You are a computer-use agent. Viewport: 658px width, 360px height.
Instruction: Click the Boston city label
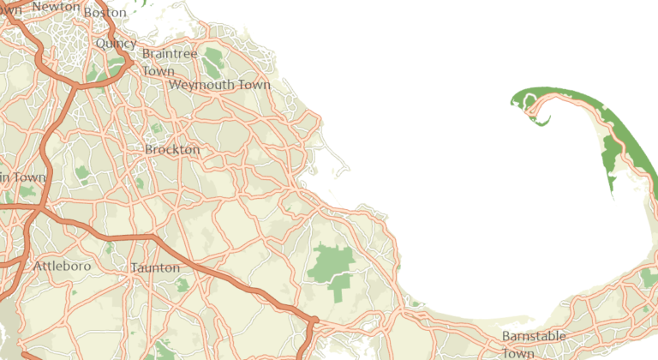pyautogui.click(x=105, y=13)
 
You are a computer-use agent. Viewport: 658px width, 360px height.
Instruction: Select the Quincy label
pyautogui.click(x=116, y=43)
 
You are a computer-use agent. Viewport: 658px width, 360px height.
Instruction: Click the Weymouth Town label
pyautogui.click(x=219, y=85)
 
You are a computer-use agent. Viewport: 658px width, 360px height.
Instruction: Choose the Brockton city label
pyautogui.click(x=172, y=149)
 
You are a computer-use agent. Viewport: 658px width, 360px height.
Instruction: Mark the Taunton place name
pyautogui.click(x=155, y=267)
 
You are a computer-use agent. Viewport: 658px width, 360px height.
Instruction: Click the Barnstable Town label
pyautogui.click(x=529, y=343)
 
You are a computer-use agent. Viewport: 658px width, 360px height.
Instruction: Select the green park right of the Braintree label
pyautogui.click(x=212, y=58)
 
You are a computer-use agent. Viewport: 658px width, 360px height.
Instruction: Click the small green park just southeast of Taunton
pyautogui.click(x=182, y=285)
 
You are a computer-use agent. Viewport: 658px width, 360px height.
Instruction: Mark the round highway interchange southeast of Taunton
pyautogui.click(x=314, y=321)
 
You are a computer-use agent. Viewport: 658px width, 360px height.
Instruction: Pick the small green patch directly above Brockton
pyautogui.click(x=157, y=129)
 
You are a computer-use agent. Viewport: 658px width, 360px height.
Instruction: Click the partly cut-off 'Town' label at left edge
pyautogui.click(x=22, y=177)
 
